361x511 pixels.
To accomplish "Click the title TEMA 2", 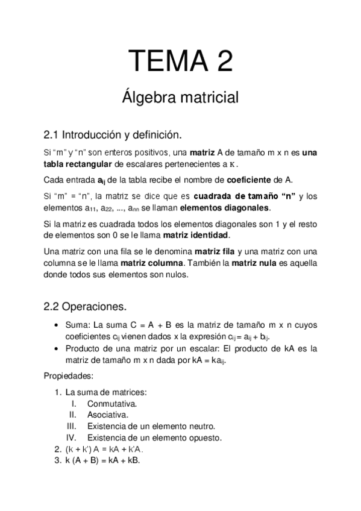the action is (181, 61).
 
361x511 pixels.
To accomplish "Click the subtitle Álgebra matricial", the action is (181, 96).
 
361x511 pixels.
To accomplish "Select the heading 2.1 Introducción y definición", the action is (113, 133).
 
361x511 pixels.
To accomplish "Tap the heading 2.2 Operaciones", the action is (85, 306).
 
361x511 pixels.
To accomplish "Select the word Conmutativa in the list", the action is (112, 403).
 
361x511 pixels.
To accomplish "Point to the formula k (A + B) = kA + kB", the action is (102, 460).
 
